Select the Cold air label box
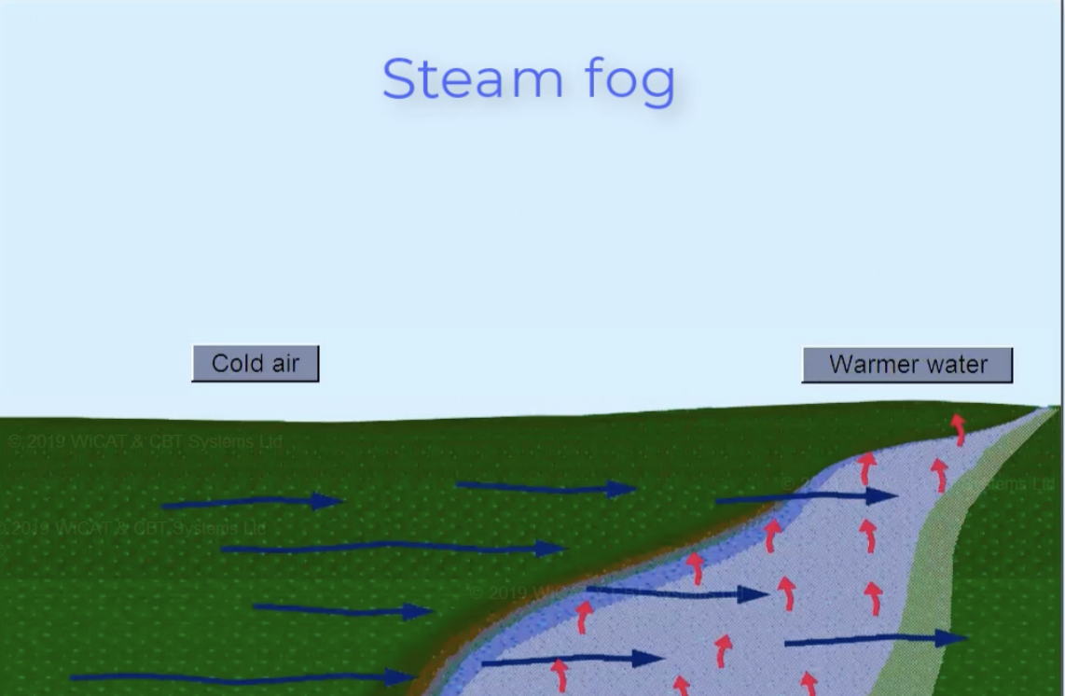click(x=255, y=364)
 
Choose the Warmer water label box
click(x=906, y=365)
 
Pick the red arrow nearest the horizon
click(x=958, y=428)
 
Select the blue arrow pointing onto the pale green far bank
click(x=877, y=640)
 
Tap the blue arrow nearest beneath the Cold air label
click(x=252, y=503)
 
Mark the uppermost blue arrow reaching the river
click(x=807, y=498)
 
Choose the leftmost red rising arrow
click(x=560, y=674)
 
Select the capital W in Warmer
click(x=839, y=365)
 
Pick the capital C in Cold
click(x=221, y=364)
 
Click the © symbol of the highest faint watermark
click(x=16, y=441)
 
